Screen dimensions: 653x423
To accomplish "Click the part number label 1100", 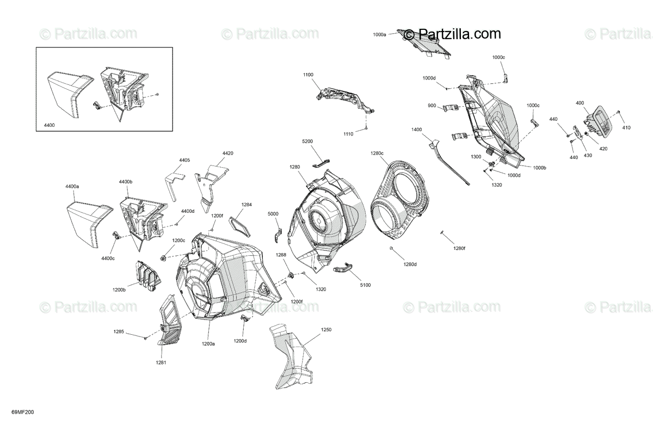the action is (308, 75).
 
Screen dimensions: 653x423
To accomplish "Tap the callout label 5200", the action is (307, 141).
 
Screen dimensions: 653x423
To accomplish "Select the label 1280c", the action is (377, 153).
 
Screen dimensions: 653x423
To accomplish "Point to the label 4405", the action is (184, 160).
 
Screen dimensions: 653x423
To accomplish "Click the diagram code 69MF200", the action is (23, 412).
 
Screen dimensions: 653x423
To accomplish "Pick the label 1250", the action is (326, 330).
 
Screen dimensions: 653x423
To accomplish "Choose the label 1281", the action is (161, 363).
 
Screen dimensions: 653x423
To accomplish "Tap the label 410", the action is (626, 127).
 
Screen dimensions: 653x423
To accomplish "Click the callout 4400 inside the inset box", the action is (50, 125).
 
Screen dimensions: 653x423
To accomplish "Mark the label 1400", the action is (417, 130).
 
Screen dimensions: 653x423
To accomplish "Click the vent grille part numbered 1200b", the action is (148, 277).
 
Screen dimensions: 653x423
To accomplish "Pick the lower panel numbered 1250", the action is (291, 356).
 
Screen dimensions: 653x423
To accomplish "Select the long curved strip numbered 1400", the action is (449, 162).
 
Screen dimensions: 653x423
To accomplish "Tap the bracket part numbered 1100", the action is (346, 101).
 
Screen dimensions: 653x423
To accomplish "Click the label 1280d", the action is (410, 264).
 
